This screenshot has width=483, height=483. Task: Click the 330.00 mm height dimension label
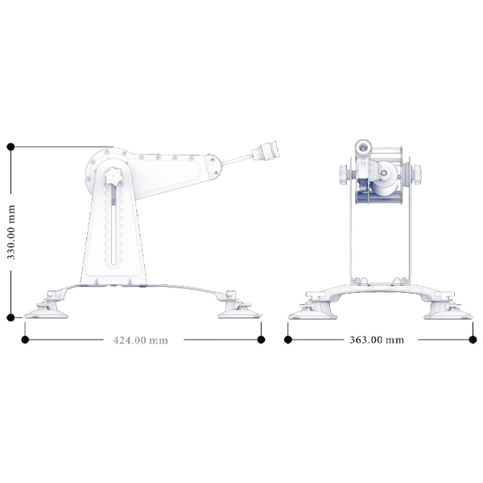[x=11, y=233]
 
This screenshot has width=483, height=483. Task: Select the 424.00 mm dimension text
[x=141, y=341]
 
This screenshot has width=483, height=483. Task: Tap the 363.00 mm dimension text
[x=377, y=340]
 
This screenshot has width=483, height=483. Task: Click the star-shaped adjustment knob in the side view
[x=114, y=175]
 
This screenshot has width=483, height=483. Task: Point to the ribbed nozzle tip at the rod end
[x=266, y=151]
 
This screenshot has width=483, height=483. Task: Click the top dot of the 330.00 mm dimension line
[x=10, y=147]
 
